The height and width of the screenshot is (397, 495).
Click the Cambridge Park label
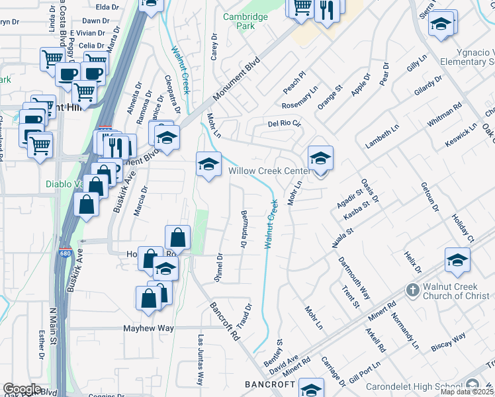245,21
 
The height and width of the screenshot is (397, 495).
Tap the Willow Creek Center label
269,171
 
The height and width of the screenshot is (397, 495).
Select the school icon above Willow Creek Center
320,159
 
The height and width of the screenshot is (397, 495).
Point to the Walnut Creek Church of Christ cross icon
412,290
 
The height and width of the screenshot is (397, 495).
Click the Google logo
22,389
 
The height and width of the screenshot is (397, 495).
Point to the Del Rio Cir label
284,123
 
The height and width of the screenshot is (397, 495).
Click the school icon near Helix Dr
457,260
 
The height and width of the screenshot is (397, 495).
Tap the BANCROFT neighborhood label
269,384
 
